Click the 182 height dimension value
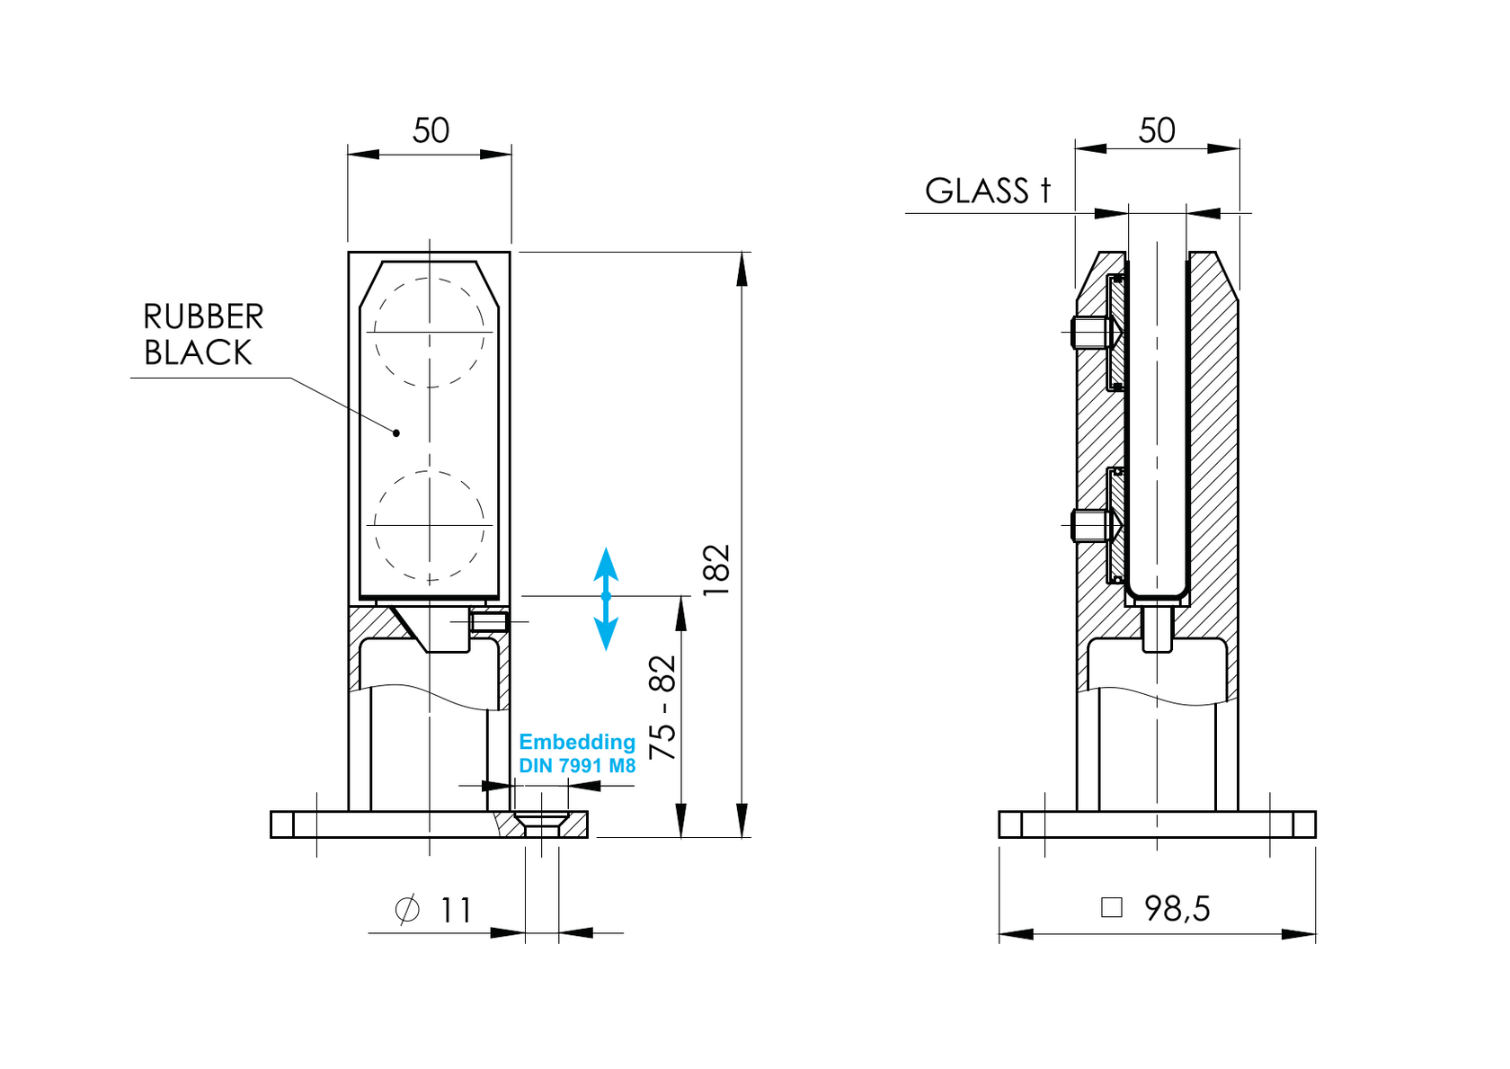click(x=716, y=570)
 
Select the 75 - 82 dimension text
click(x=662, y=708)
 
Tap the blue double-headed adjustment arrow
click(x=606, y=598)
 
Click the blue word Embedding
click(x=577, y=742)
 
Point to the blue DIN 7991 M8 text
click(x=577, y=766)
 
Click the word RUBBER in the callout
click(x=203, y=316)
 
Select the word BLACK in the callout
click(x=198, y=353)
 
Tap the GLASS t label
click(x=987, y=191)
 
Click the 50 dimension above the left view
click(x=431, y=131)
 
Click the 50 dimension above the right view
click(x=1157, y=131)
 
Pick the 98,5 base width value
click(x=1177, y=909)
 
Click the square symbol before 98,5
click(x=1112, y=907)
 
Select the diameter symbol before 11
click(x=407, y=910)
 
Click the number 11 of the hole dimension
click(x=456, y=911)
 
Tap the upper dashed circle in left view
click(x=430, y=332)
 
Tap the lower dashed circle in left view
click(x=430, y=525)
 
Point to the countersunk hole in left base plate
click(x=541, y=822)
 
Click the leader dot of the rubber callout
click(x=396, y=432)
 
